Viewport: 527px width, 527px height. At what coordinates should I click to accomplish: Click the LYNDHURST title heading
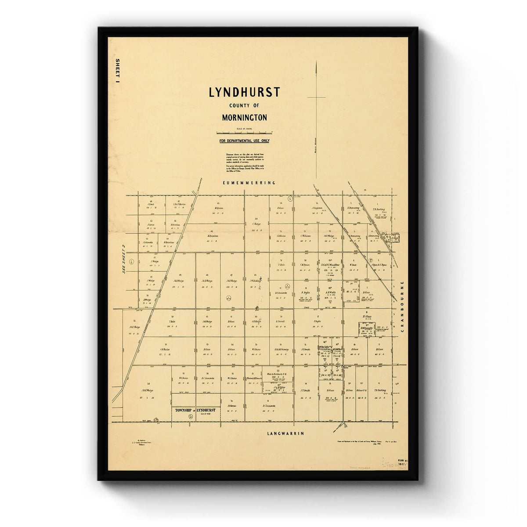[244, 93]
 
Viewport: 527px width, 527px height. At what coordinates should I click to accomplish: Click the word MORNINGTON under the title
[244, 118]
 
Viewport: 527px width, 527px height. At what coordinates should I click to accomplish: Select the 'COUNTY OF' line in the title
[244, 105]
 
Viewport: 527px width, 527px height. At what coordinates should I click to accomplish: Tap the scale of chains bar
[244, 133]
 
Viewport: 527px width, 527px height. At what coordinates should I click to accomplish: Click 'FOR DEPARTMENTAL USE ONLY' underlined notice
[245, 141]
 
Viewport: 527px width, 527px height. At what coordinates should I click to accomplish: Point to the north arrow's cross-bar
[316, 97]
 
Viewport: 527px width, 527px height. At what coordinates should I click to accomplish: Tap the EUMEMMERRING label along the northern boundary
[249, 183]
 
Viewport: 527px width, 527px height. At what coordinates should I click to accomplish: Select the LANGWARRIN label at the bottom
[285, 433]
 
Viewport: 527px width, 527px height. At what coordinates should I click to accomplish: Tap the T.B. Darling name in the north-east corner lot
[379, 209]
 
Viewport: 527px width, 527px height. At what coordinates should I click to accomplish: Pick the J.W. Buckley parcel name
[256, 281]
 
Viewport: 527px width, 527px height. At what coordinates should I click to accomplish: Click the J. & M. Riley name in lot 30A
[279, 387]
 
